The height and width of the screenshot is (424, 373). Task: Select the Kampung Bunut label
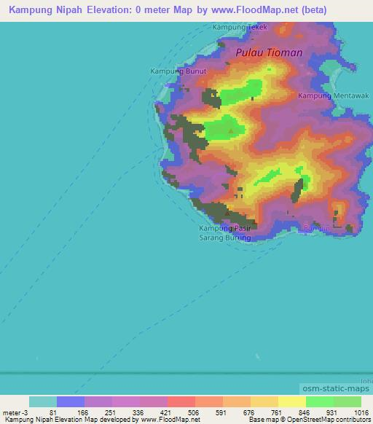click(178, 71)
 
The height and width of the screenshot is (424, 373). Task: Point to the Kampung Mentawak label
click(334, 95)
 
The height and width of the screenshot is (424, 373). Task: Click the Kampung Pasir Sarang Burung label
click(225, 233)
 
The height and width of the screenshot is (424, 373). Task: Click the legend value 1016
click(362, 412)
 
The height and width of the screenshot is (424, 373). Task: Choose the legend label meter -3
click(15, 412)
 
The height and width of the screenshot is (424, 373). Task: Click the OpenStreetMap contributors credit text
click(328, 420)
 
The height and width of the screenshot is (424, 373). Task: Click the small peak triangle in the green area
click(232, 132)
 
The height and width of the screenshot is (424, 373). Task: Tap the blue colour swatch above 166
click(71, 401)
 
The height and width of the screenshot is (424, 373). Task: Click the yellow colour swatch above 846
click(292, 401)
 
